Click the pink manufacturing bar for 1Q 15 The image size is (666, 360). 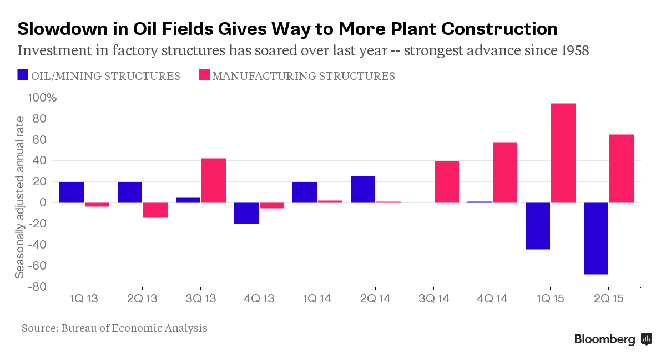[563, 153]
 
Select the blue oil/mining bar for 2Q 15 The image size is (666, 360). [596, 239]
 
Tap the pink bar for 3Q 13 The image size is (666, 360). [213, 181]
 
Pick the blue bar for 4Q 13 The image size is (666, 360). [246, 213]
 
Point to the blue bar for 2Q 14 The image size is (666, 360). [362, 189]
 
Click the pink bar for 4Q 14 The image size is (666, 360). [504, 173]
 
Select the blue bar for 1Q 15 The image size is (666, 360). [537, 226]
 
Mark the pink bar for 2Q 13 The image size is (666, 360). [155, 210]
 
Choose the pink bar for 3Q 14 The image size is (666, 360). [446, 182]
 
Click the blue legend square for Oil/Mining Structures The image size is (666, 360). [23, 75]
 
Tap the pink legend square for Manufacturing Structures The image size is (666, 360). [204, 75]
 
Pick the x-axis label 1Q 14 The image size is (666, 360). [316, 299]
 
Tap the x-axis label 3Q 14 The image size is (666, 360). [433, 299]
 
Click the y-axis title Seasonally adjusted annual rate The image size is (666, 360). [19, 197]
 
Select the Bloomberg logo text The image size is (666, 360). [604, 339]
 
